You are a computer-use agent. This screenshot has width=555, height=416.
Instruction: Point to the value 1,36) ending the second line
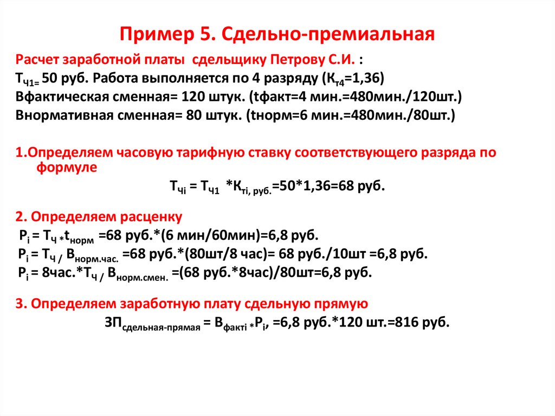pos(367,78)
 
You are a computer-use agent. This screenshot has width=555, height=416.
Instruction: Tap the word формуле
pos(67,168)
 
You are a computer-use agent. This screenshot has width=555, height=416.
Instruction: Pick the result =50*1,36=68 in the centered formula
pos(304,187)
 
